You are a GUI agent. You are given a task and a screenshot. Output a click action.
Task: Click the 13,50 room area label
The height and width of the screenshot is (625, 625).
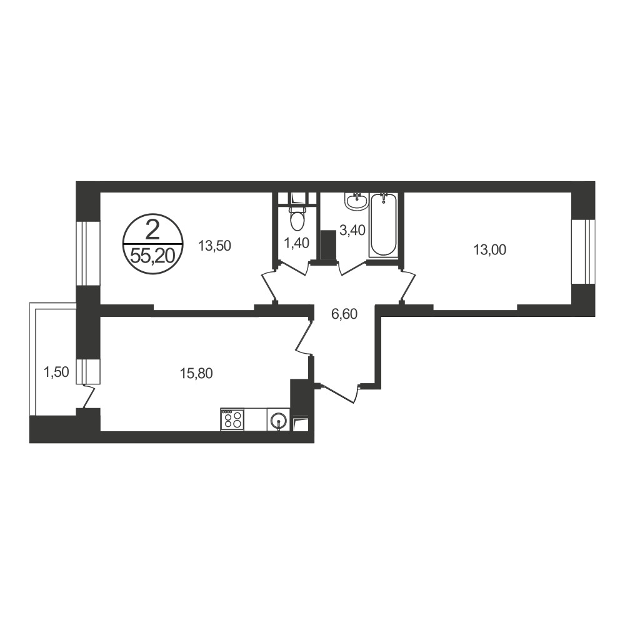(x=215, y=246)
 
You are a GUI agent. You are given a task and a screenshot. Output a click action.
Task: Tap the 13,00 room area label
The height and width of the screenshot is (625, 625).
(x=490, y=250)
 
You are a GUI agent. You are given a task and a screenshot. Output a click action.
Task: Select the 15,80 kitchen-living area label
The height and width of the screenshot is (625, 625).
(x=196, y=374)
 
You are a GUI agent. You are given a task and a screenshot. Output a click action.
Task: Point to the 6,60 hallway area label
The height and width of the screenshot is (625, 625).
(x=344, y=314)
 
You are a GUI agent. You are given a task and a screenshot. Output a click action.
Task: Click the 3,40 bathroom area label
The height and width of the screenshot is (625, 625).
(x=352, y=230)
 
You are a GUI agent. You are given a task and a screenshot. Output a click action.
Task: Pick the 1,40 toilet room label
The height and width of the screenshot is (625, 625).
(x=297, y=242)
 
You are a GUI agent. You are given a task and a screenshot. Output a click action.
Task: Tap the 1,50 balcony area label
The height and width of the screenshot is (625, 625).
(x=56, y=372)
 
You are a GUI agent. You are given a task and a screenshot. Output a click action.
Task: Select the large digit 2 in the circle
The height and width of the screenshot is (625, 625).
(x=152, y=231)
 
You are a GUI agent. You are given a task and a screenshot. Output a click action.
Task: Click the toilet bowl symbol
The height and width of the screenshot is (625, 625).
(x=297, y=218)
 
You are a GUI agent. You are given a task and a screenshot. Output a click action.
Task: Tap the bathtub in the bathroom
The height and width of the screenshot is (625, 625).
(x=383, y=225)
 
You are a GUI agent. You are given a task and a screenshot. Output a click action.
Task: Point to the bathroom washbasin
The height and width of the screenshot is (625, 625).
(x=356, y=201)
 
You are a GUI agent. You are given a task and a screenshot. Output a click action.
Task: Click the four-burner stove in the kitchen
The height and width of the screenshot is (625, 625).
(x=232, y=419)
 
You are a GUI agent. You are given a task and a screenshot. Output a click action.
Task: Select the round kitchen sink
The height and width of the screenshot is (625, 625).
(x=278, y=420)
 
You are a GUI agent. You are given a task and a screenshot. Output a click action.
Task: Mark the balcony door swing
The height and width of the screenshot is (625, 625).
(x=89, y=396)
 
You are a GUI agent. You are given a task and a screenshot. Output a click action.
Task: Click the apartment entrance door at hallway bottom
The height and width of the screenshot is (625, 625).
(x=339, y=392)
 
